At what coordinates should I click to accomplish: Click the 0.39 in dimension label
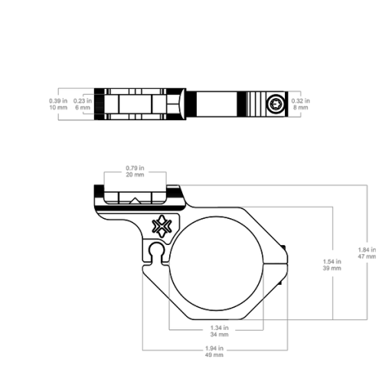58,101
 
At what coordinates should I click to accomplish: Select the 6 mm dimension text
83,107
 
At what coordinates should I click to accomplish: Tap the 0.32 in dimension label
301,101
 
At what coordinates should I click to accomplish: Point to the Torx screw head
276,104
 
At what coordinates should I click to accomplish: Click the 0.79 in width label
135,168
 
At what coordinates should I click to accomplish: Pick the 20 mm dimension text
135,175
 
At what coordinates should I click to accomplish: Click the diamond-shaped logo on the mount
162,226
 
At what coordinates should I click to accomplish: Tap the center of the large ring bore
216,263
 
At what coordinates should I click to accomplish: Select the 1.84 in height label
367,250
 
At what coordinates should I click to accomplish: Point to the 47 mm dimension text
367,256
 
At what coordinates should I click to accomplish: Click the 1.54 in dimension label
332,261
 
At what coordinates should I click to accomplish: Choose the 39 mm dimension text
332,268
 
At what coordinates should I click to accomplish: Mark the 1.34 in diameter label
220,328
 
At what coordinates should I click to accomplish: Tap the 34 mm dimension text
220,334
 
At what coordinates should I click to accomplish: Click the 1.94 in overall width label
214,348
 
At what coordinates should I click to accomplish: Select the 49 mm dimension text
214,354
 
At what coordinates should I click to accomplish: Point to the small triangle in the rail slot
136,201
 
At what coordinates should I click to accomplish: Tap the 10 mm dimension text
58,107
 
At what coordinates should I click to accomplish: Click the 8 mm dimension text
301,107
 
